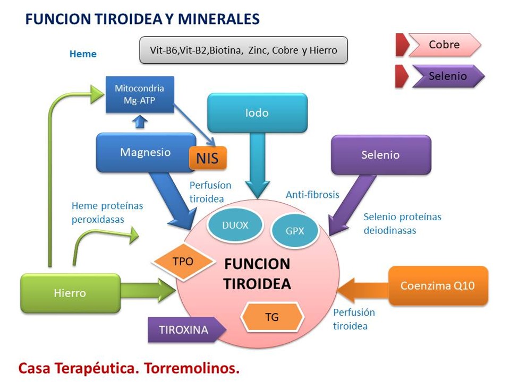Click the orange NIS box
coord(208,158)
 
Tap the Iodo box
coord(257,112)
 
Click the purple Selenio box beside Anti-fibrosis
coord(380,155)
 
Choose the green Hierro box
coord(70,293)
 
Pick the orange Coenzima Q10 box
coord(438,285)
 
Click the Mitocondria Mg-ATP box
coord(140,94)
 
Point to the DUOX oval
coord(235,225)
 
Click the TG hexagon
coord(272,317)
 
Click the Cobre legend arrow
coord(444,45)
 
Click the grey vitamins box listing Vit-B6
coord(243,50)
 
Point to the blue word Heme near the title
coord(83,54)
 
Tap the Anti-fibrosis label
coord(312,195)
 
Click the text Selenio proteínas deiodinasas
coord(402,223)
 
